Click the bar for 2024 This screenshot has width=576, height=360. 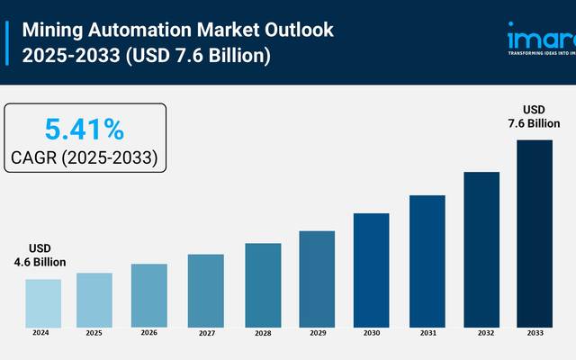point(43,302)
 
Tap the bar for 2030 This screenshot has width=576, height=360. point(371,269)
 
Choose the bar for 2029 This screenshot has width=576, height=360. point(317,278)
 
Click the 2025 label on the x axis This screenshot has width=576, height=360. point(94,333)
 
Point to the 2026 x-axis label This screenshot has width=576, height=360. point(149,333)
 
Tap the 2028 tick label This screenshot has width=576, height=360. point(262,333)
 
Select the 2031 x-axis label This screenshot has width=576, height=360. point(427,333)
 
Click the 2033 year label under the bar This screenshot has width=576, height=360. point(535,333)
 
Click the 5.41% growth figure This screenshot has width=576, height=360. point(85,130)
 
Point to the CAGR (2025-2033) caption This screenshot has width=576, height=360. point(85,157)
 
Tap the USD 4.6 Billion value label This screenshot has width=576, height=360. point(40,256)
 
